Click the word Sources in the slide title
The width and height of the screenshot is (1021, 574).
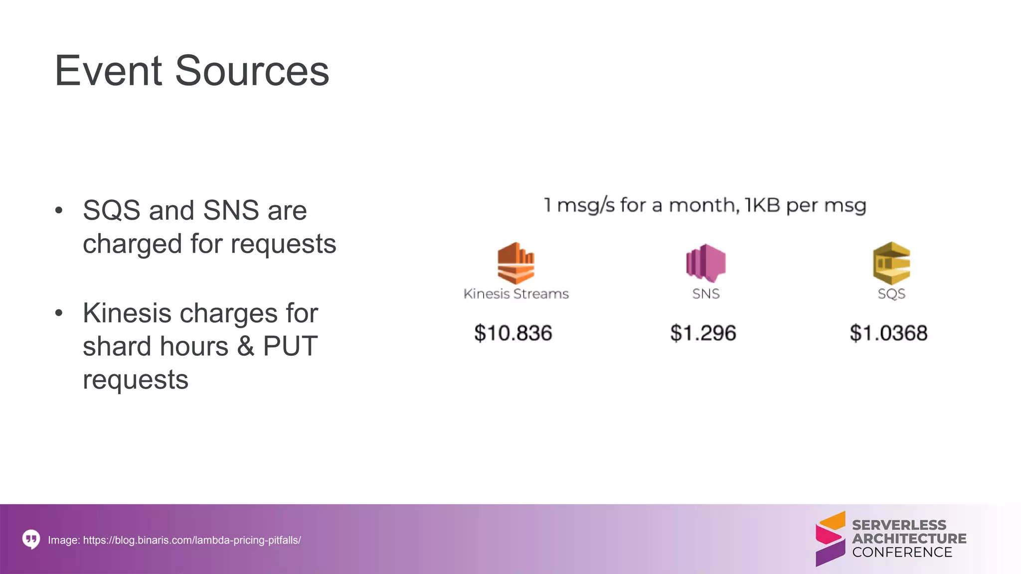252,71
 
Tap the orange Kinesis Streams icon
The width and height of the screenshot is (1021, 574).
516,263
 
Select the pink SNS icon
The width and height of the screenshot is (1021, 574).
705,263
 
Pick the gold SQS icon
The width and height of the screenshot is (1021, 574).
891,263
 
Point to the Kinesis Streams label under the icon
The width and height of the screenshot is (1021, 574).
516,294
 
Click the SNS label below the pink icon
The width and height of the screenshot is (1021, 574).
706,294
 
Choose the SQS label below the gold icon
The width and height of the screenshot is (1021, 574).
891,294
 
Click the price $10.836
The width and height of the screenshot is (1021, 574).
513,333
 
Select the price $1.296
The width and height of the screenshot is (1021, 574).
703,333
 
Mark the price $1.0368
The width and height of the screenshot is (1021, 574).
888,333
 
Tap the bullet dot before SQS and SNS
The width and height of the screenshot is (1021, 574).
59,210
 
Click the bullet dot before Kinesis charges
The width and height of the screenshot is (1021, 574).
59,313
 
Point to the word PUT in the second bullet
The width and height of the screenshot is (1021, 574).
290,346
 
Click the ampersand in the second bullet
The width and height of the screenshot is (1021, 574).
245,346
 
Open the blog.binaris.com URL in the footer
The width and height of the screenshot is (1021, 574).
192,540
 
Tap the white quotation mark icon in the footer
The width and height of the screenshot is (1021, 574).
31,539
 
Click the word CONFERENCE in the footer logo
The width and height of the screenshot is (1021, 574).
902,553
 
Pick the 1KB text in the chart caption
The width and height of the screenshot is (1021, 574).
762,205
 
